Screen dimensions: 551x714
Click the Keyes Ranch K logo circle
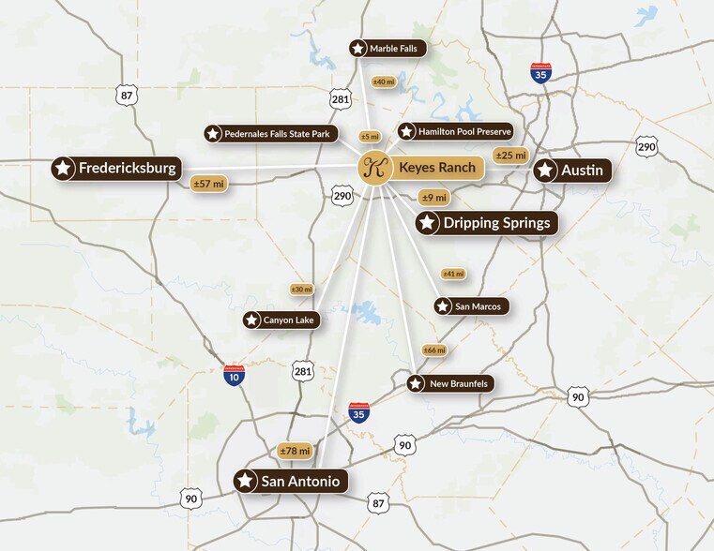tap(374, 169)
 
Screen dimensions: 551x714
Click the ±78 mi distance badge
tap(296, 452)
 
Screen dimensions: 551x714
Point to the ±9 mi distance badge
tap(433, 198)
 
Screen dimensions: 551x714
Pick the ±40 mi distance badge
tap(384, 82)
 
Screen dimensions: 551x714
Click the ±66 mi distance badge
tap(434, 350)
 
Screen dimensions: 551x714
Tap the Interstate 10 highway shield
tap(235, 376)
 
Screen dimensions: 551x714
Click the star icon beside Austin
tap(545, 171)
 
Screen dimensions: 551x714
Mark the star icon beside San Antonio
tap(246, 482)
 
